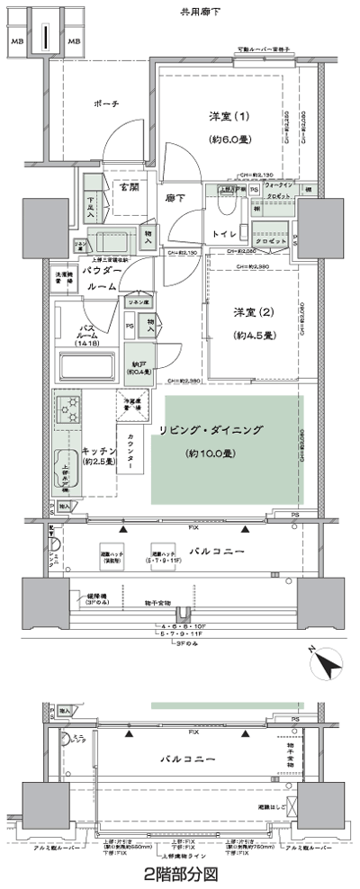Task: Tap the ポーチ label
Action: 104,105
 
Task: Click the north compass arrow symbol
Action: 329,665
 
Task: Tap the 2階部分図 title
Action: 180,873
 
